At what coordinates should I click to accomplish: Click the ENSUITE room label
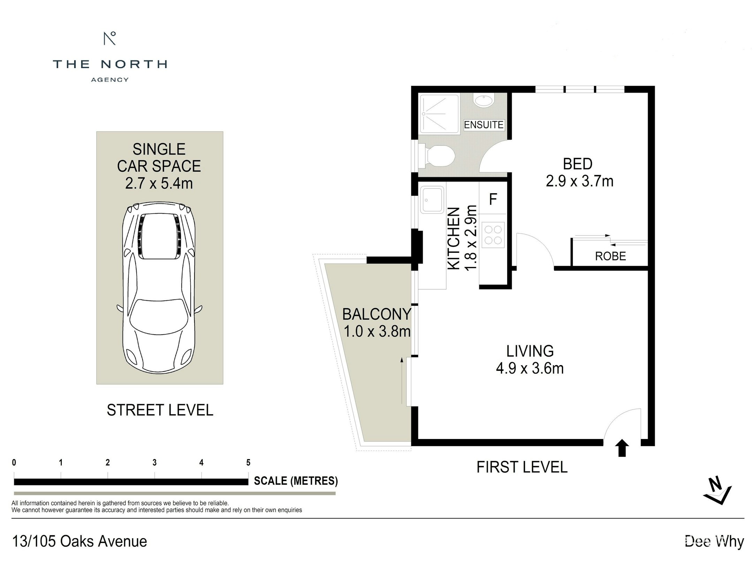pyautogui.click(x=484, y=125)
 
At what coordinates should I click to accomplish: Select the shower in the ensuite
pyautogui.click(x=439, y=110)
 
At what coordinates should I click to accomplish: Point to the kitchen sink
pyautogui.click(x=432, y=200)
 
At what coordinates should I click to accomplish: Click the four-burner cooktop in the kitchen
pyautogui.click(x=493, y=235)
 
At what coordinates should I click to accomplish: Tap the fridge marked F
pyautogui.click(x=493, y=199)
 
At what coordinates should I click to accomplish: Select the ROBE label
pyautogui.click(x=610, y=256)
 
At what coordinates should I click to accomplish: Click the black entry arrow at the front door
pyautogui.click(x=622, y=448)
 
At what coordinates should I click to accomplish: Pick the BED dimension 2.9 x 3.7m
pyautogui.click(x=579, y=181)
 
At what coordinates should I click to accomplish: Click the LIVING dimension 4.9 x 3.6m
pyautogui.click(x=530, y=368)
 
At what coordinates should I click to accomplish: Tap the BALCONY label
pyautogui.click(x=376, y=314)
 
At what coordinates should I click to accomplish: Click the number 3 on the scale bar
pyautogui.click(x=154, y=463)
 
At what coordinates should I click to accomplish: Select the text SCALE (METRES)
pyautogui.click(x=296, y=481)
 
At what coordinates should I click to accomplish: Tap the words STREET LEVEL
pyautogui.click(x=160, y=410)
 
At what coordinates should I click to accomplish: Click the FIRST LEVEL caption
pyautogui.click(x=522, y=467)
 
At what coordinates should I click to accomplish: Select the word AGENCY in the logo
pyautogui.click(x=110, y=80)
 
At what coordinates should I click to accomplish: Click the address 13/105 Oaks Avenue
pyautogui.click(x=80, y=541)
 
